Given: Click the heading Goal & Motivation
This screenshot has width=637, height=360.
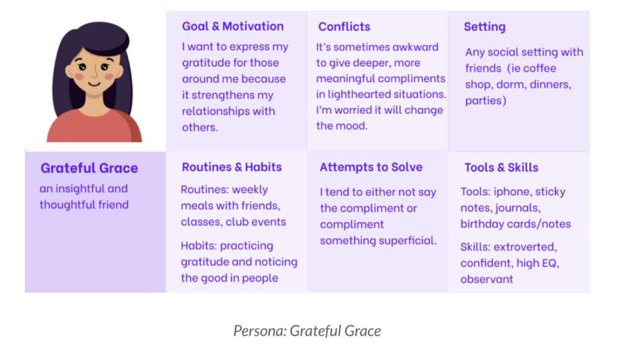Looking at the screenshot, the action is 233,26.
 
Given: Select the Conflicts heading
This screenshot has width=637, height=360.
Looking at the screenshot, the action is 344,27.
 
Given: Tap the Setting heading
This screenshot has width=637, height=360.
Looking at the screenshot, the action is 485,27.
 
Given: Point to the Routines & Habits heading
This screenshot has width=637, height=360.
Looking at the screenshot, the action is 231,167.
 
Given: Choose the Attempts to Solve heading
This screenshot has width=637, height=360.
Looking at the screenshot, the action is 371,167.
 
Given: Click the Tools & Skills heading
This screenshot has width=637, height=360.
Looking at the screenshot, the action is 501,168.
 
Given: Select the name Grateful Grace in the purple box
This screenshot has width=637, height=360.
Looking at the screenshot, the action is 90,168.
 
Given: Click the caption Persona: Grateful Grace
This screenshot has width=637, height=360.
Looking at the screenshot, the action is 307,331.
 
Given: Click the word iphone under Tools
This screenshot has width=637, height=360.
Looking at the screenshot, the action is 512,192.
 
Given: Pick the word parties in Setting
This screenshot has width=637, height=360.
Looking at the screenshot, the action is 484,101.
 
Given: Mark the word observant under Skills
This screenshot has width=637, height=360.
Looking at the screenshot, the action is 486,279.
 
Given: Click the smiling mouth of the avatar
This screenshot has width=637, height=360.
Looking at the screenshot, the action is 95,85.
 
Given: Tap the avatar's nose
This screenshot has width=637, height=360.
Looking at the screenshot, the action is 95,72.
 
